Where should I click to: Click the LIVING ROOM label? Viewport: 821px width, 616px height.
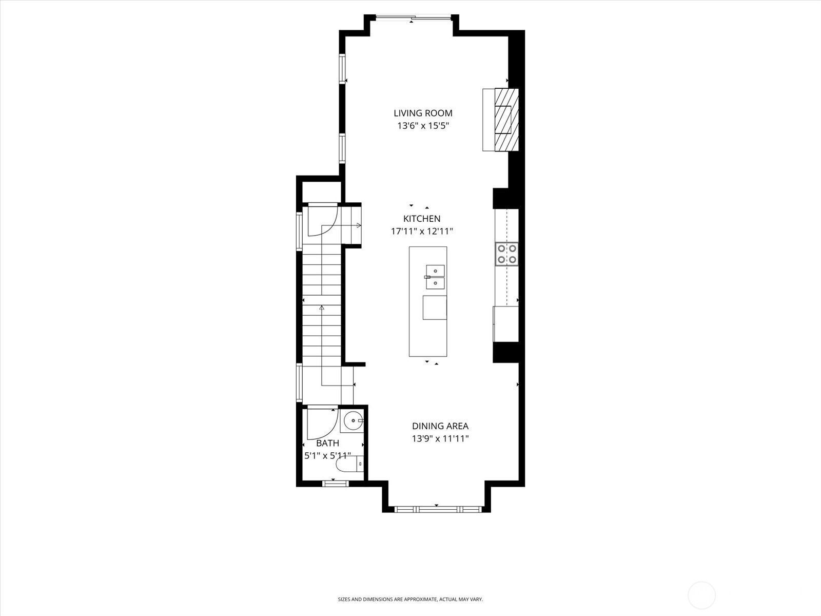pos(423,113)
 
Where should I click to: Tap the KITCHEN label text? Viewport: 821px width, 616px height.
pos(422,219)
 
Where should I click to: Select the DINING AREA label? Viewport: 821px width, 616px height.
pos(440,426)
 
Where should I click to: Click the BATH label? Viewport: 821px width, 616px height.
pos(327,443)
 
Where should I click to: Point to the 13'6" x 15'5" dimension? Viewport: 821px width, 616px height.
pos(423,126)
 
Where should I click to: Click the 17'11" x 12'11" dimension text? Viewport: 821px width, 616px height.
pos(422,232)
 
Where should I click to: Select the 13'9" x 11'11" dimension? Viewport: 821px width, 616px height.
pos(440,439)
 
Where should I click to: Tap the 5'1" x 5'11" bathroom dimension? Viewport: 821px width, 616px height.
pos(327,455)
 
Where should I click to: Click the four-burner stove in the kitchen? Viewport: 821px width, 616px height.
pos(506,254)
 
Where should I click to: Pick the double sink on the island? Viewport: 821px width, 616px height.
pos(435,277)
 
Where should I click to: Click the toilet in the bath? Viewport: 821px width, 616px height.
pos(349,465)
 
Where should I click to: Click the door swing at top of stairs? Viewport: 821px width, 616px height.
pos(322,221)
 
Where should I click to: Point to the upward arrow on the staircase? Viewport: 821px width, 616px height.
pos(322,309)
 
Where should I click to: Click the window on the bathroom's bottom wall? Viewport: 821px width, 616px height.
pos(335,483)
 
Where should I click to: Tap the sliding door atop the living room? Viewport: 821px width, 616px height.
pos(414,18)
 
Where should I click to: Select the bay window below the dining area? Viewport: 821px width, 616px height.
pos(436,509)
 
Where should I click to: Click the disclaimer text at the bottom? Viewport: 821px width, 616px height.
pos(410,599)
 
